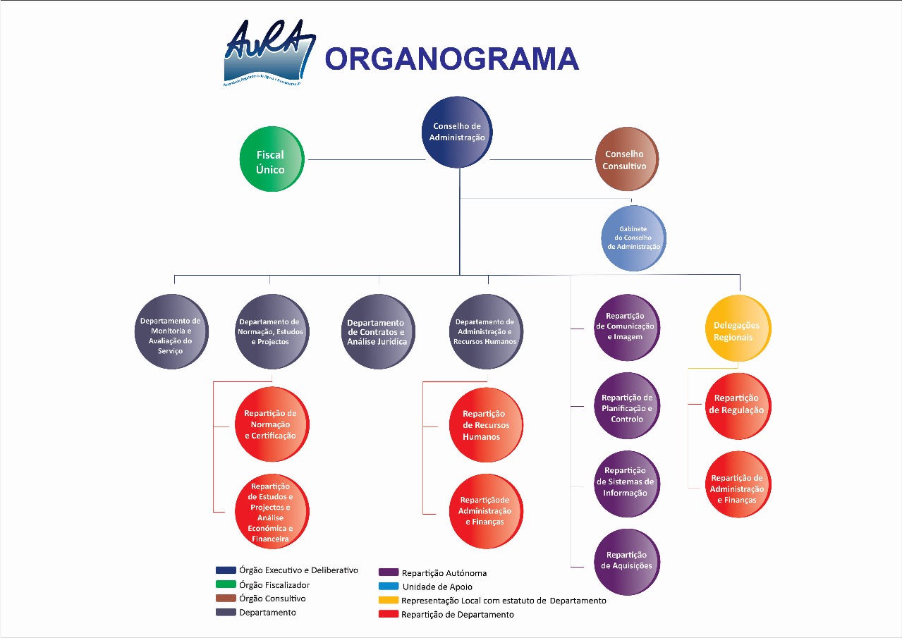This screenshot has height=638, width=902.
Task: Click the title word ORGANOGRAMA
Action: pyautogui.click(x=451, y=59)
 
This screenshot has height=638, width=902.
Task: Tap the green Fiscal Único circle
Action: pyautogui.click(x=272, y=159)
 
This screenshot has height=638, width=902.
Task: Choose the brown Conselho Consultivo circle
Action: pyautogui.click(x=625, y=159)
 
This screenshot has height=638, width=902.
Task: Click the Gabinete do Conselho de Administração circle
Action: pyautogui.click(x=633, y=238)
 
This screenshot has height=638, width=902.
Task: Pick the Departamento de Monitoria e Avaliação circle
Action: pyautogui.click(x=171, y=332)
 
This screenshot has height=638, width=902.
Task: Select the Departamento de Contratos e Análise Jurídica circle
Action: pyautogui.click(x=377, y=332)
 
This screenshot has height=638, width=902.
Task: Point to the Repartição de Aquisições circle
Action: pyautogui.click(x=626, y=563)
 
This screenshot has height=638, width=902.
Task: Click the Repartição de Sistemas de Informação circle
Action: pyautogui.click(x=626, y=483)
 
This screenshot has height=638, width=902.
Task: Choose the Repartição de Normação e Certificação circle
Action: pyautogui.click(x=272, y=424)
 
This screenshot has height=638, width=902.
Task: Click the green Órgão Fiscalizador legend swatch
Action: pyautogui.click(x=226, y=584)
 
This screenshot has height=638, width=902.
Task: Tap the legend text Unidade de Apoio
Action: pyautogui.click(x=437, y=587)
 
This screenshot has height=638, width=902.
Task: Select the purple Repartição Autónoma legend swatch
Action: pyautogui.click(x=389, y=572)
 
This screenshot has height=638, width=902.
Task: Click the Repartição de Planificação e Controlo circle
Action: pyautogui.click(x=626, y=407)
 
